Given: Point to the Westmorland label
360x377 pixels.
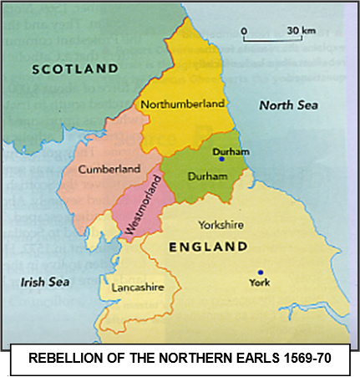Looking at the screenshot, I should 139,210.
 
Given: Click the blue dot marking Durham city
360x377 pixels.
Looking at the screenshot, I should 221,159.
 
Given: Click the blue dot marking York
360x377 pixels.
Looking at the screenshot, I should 261,272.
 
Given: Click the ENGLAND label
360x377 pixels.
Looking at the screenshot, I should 208,247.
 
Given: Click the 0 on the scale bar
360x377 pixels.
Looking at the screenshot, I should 244,31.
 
